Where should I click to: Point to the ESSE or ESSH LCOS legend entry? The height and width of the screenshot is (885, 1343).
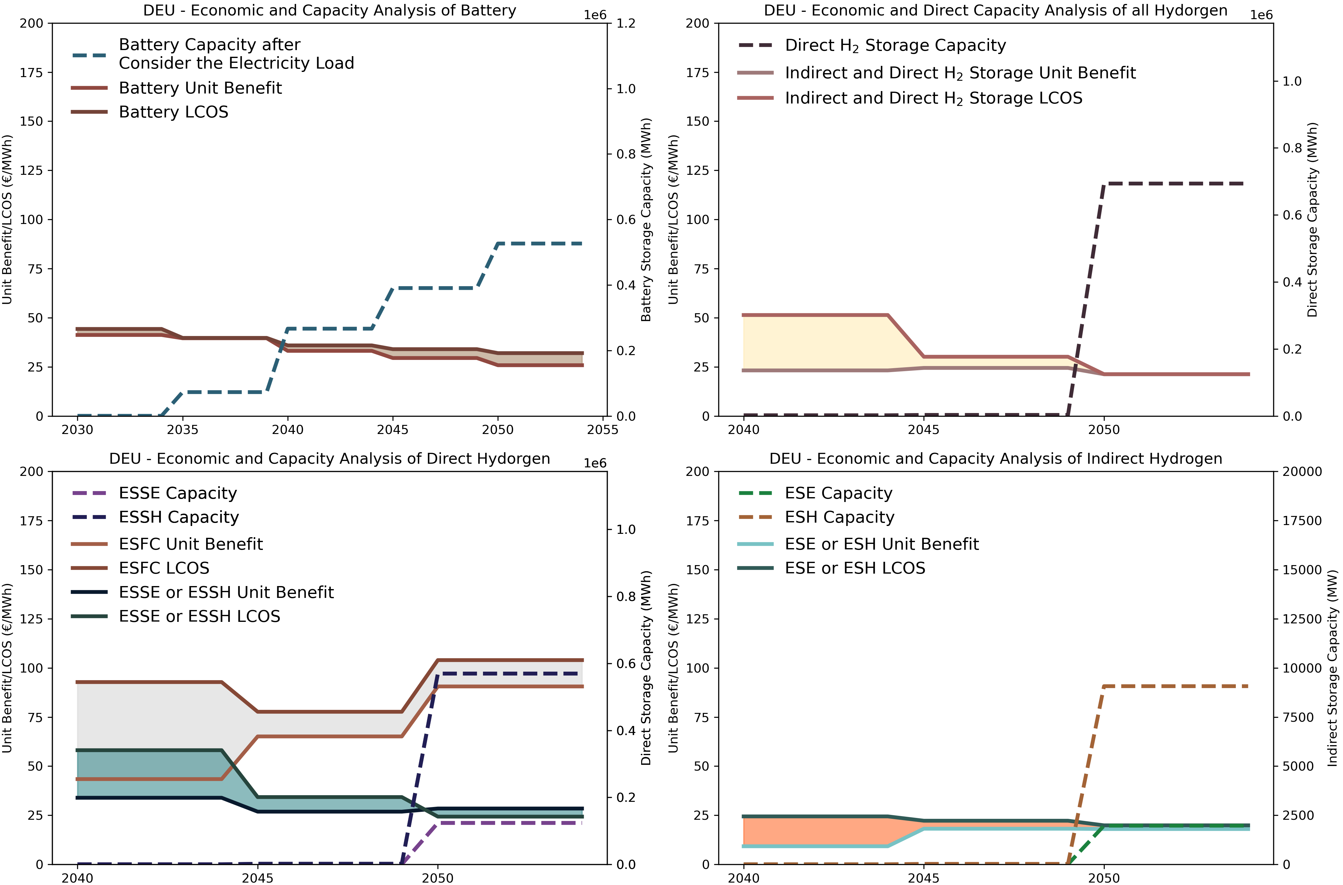pos(199,616)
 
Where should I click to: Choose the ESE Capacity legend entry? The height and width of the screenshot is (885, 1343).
pos(838,493)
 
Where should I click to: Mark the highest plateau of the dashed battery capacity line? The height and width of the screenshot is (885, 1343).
pos(539,244)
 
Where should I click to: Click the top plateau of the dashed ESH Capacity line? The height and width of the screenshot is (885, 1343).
pos(1174,686)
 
